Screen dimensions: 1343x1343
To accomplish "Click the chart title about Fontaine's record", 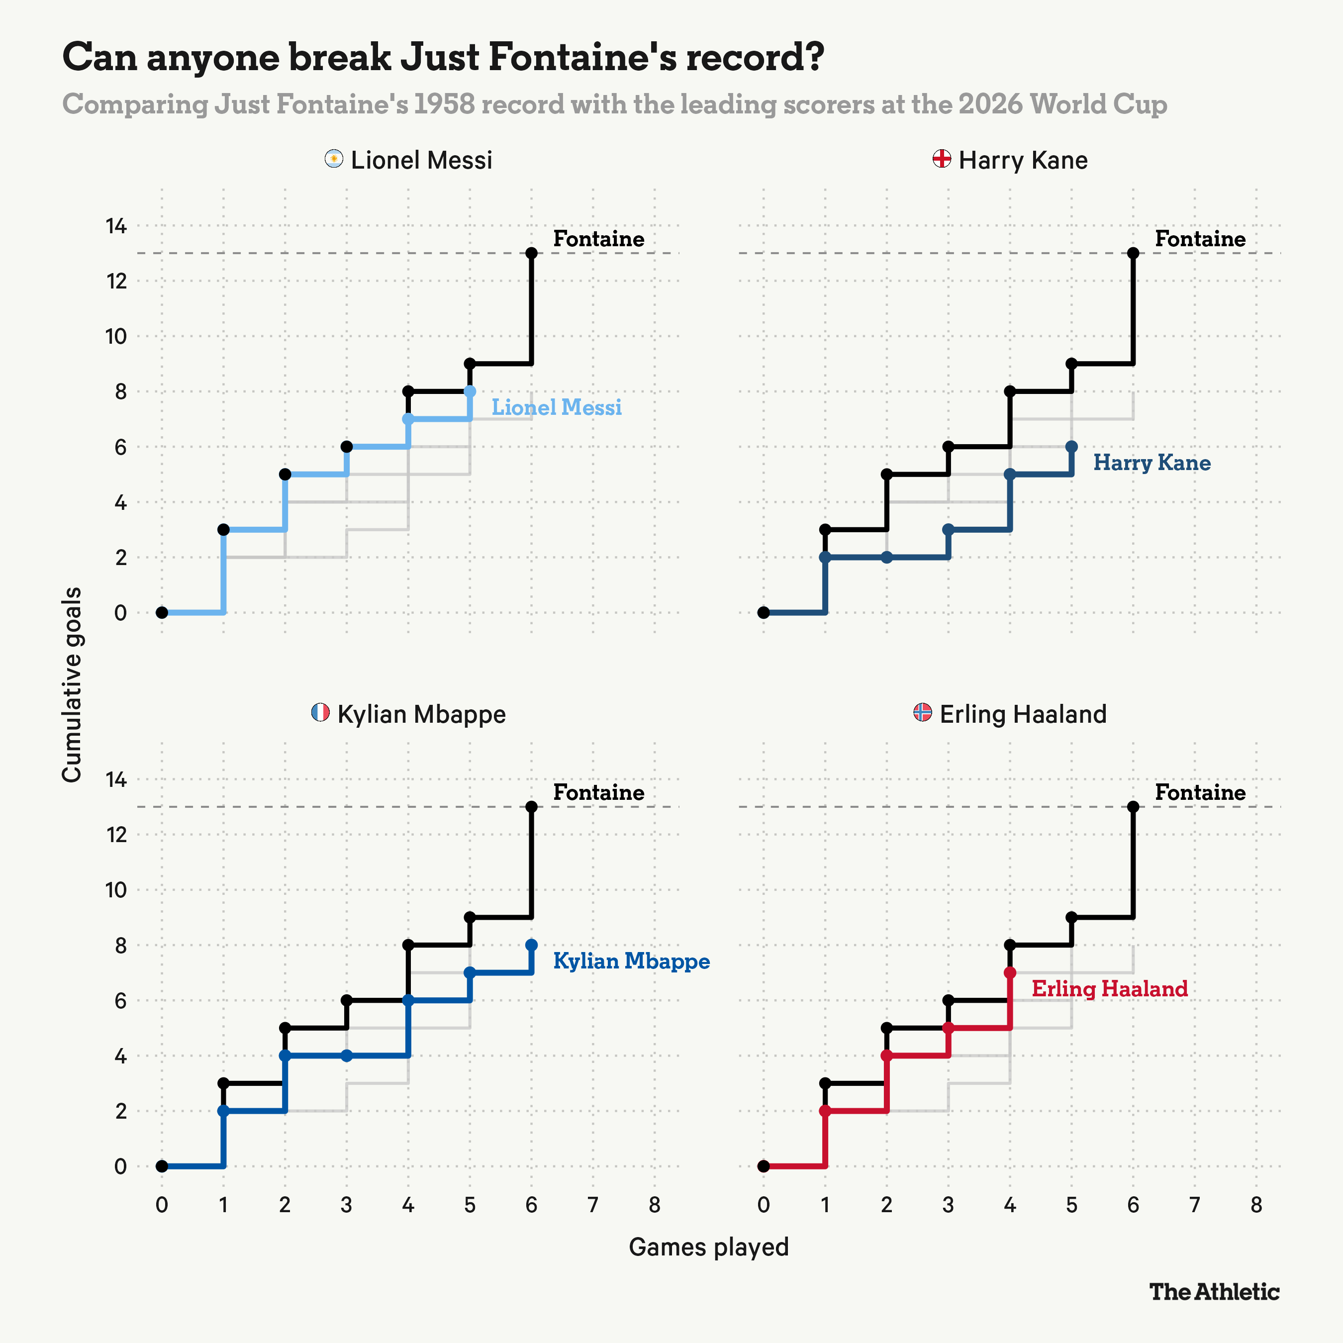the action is (443, 57).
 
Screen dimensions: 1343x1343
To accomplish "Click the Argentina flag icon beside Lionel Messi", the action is (334, 159).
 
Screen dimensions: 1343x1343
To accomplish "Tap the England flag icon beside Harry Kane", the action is (942, 159).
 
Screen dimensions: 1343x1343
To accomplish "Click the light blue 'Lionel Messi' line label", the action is (557, 407).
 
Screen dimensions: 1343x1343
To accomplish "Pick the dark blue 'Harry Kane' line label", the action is (1152, 463).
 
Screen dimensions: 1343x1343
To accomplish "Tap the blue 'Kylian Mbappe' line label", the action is (631, 961).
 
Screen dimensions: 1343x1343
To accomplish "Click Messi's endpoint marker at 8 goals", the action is (470, 391).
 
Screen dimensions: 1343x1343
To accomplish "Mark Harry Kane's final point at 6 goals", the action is (1071, 446).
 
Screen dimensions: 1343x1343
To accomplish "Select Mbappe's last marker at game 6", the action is (532, 945).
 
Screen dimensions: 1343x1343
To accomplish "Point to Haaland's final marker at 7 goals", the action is (1010, 972).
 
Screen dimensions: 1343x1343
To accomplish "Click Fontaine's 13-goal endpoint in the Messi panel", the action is (532, 253).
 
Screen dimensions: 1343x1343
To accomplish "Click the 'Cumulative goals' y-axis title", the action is (72, 685).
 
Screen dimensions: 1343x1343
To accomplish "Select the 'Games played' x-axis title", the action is (709, 1247).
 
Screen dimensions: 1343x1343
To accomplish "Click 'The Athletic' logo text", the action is (1214, 1292).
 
